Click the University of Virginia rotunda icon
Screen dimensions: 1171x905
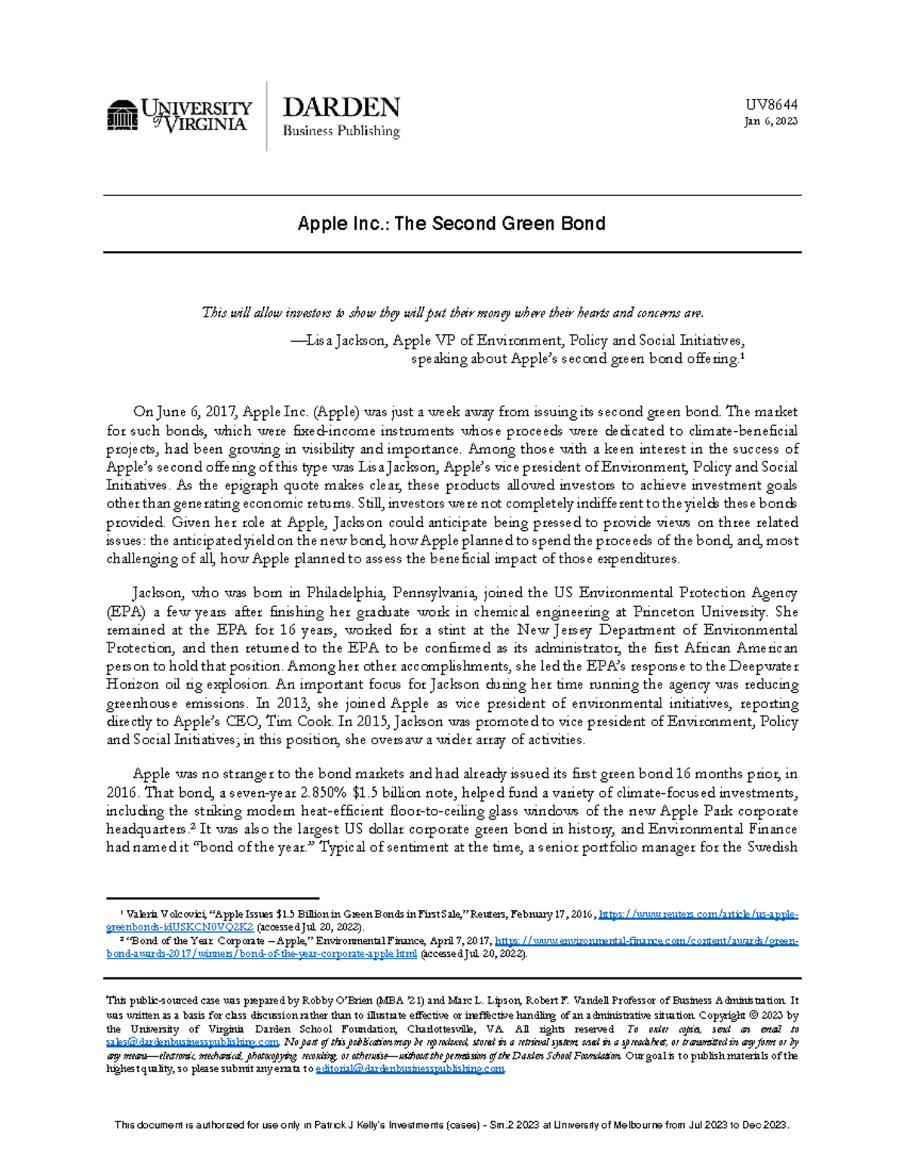click(122, 115)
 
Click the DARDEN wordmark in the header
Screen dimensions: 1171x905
click(341, 107)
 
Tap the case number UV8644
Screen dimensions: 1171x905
click(772, 105)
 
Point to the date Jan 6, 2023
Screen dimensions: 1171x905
click(771, 121)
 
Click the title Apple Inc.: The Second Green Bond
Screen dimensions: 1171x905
click(451, 223)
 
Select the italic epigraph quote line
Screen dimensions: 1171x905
click(452, 313)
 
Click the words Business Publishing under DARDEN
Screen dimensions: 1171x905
click(341, 131)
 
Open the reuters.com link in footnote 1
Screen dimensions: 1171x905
click(698, 915)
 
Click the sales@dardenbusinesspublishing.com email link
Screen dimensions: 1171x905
click(193, 1043)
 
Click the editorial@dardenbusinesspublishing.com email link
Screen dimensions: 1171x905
click(410, 1069)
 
